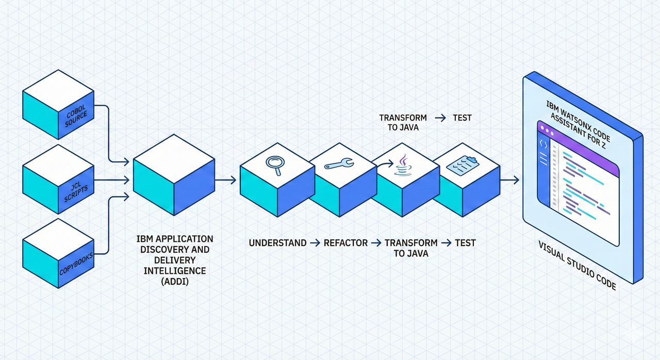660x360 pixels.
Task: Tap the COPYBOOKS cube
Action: click(x=58, y=253)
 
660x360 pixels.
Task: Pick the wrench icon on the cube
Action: click(x=338, y=165)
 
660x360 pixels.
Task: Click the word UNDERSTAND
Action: click(x=277, y=242)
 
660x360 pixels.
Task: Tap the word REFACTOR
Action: click(x=345, y=242)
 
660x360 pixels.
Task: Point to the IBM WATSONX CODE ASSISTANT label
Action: click(x=577, y=121)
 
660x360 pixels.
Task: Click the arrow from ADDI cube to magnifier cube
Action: click(x=225, y=180)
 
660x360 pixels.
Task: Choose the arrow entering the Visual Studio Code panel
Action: click(x=509, y=180)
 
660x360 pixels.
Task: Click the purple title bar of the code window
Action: click(x=577, y=139)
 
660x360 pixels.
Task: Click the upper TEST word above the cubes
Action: click(x=462, y=118)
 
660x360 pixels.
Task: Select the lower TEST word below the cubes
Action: click(x=465, y=242)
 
